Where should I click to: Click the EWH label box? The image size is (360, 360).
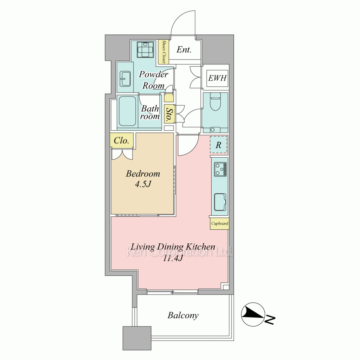click(x=217, y=78)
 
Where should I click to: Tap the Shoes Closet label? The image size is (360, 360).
click(x=164, y=52)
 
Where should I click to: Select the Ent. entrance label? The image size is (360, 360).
click(x=184, y=50)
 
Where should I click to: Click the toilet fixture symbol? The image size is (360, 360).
click(x=215, y=102)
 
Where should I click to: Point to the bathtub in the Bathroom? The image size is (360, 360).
click(x=127, y=111)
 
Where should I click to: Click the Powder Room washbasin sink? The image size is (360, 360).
click(x=125, y=79)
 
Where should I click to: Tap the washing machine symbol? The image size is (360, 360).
click(x=145, y=50)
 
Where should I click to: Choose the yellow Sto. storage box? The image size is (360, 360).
click(x=170, y=113)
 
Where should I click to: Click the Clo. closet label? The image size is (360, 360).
click(x=121, y=140)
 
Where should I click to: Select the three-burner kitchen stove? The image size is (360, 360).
click(x=220, y=170)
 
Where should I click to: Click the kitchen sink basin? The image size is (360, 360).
click(x=220, y=202)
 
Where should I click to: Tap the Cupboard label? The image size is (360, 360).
click(x=220, y=224)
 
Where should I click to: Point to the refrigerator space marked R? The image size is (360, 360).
click(x=219, y=145)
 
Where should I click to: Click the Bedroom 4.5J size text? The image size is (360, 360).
click(x=143, y=184)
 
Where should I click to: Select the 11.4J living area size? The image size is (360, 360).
click(x=173, y=258)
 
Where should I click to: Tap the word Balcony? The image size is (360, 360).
click(x=183, y=315)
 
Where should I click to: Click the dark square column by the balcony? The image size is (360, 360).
click(x=137, y=338)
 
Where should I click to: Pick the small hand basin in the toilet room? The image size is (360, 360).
click(x=213, y=130)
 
